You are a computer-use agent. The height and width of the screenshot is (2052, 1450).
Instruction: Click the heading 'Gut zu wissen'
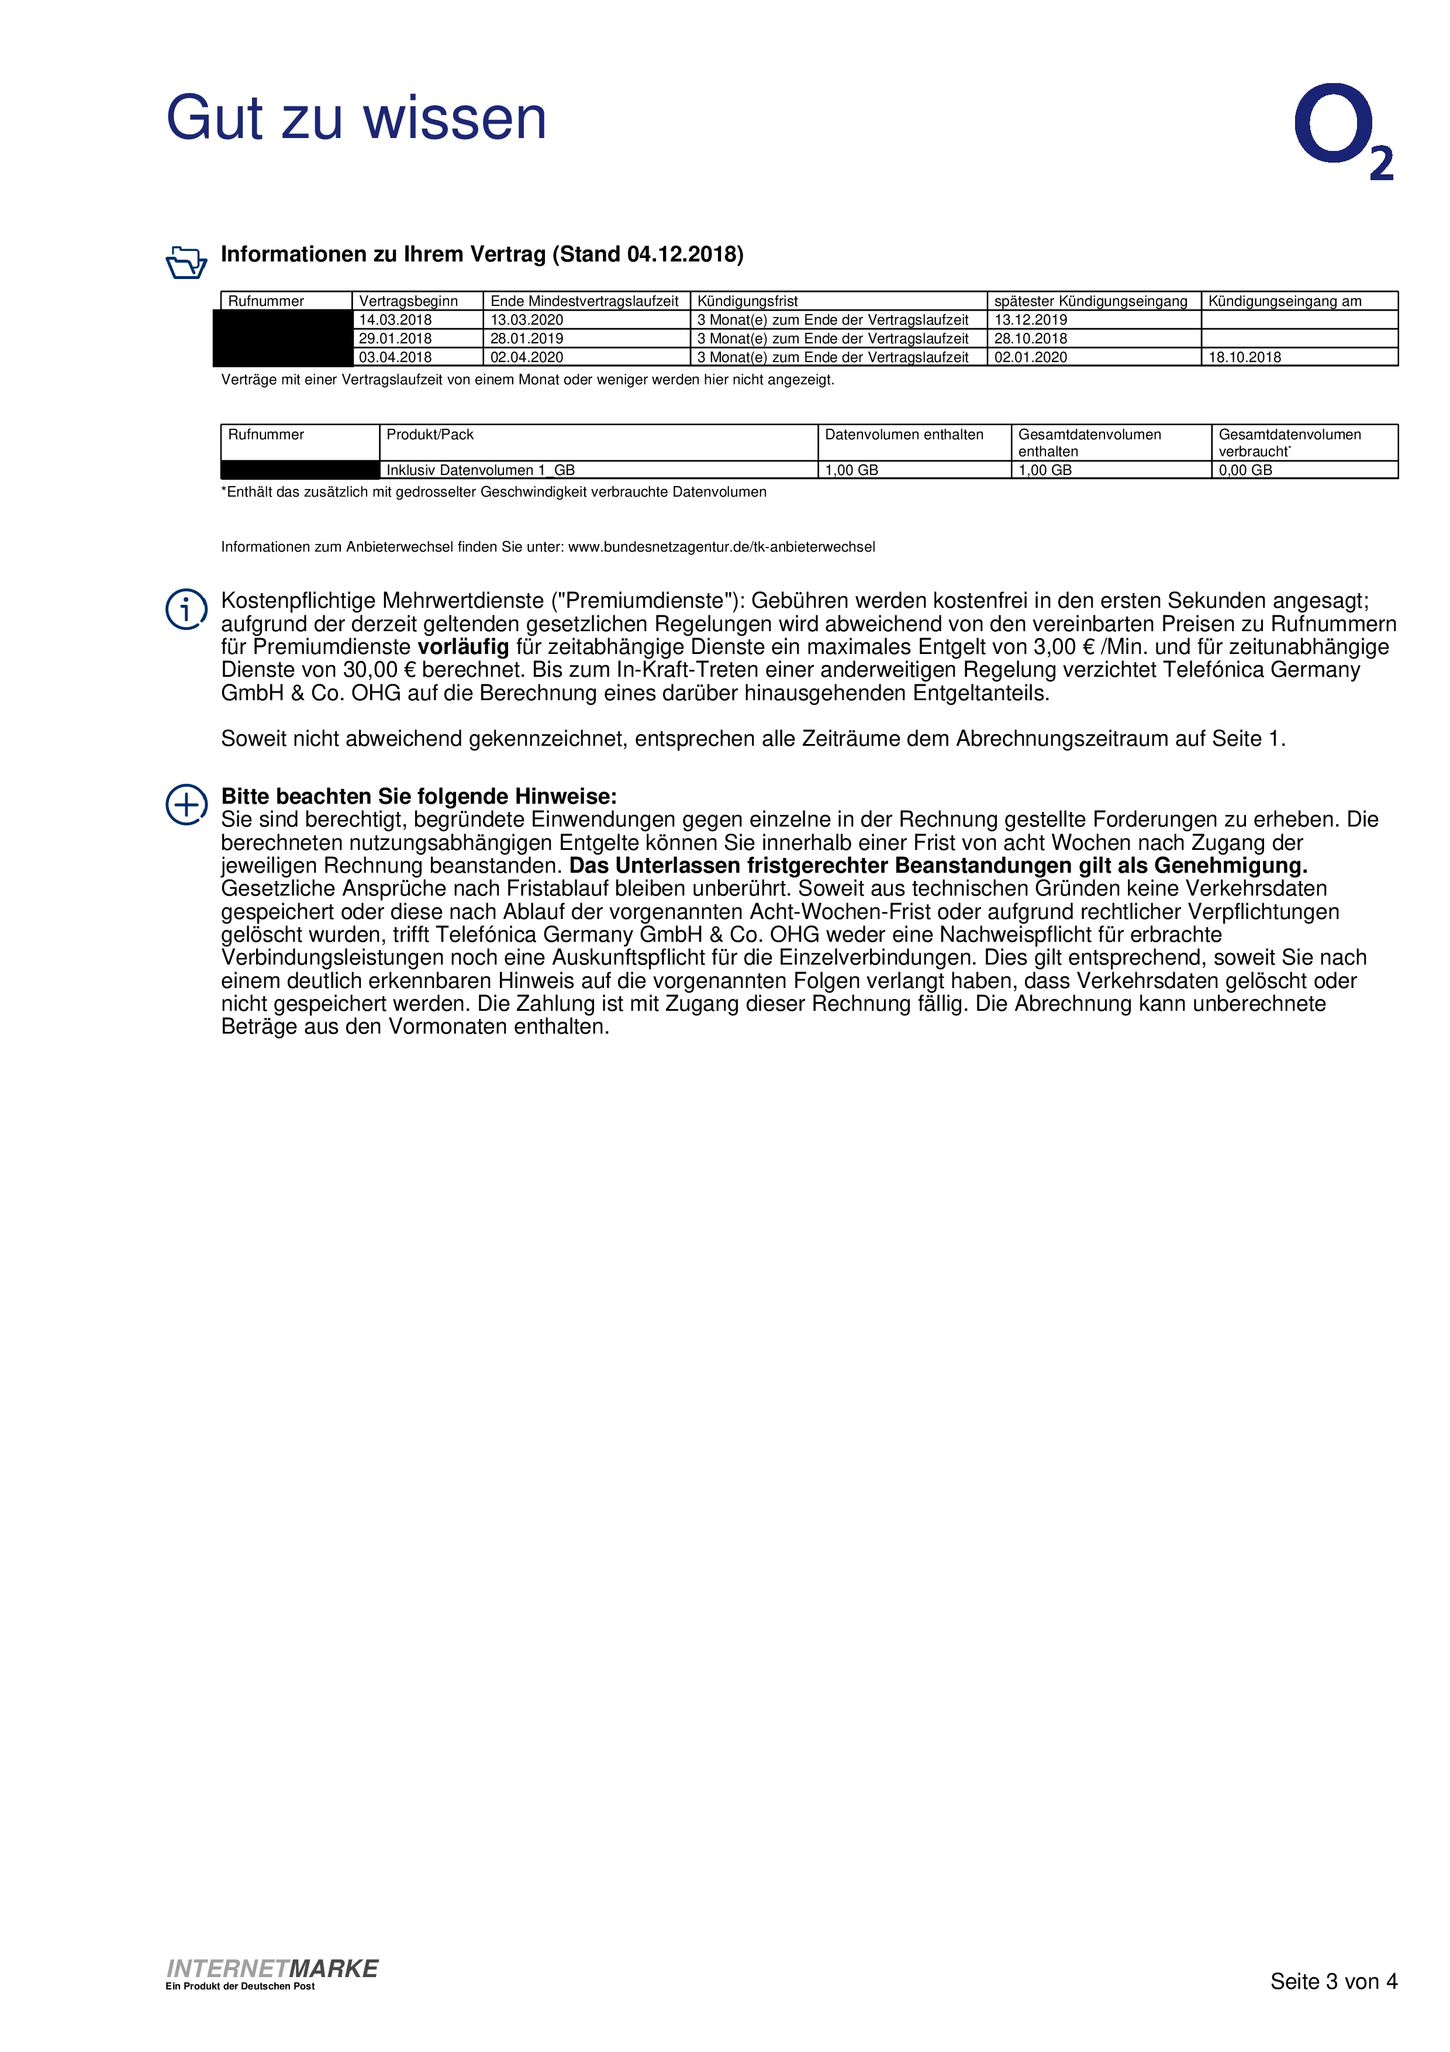355,118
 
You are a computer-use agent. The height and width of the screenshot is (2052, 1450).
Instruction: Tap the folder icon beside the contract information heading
186,262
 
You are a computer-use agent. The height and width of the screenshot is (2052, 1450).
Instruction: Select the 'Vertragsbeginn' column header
408,301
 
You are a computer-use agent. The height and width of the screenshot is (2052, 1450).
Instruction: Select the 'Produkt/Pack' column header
430,435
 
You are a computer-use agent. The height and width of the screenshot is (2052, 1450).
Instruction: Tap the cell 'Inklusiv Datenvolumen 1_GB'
481,470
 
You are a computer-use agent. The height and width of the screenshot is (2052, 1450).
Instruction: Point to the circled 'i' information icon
186,610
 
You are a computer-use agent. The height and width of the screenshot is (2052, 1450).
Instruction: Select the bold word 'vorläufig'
463,647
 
